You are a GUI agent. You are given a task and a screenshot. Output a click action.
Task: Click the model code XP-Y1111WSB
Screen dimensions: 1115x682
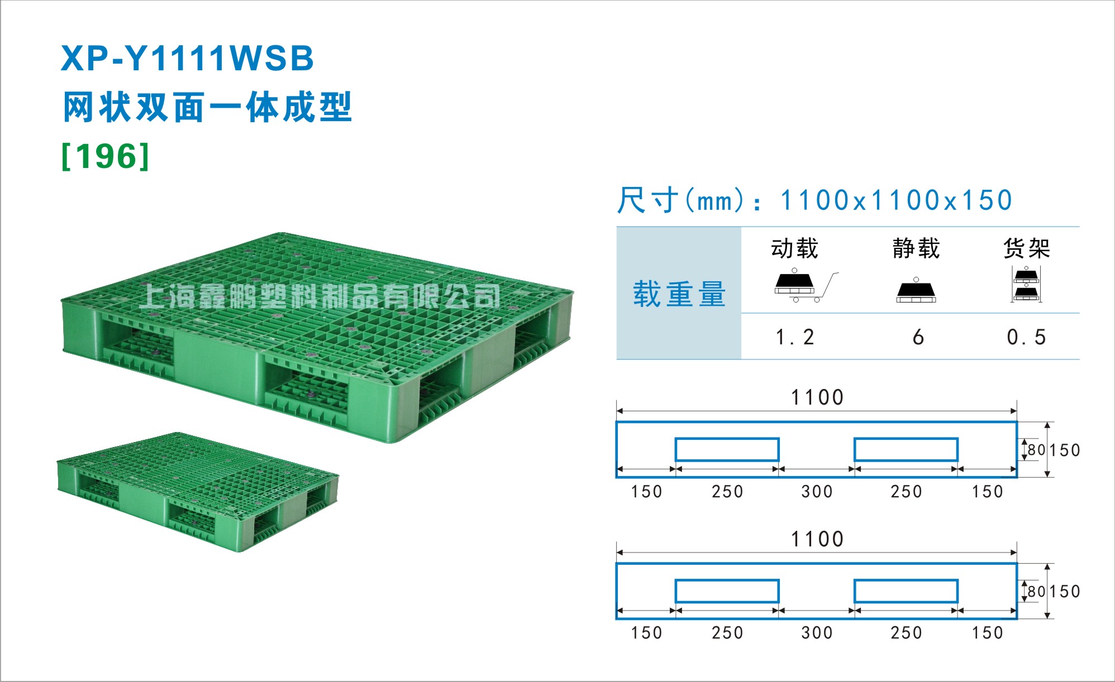click(x=187, y=59)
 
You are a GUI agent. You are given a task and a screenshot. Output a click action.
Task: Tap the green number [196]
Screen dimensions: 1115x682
click(x=106, y=156)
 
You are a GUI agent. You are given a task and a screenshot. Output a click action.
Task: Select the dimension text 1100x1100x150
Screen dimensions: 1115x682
click(x=896, y=200)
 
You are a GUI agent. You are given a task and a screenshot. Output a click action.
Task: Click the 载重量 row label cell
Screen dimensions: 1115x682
click(x=679, y=294)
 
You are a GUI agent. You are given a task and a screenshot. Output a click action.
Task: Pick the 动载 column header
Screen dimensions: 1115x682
click(x=794, y=248)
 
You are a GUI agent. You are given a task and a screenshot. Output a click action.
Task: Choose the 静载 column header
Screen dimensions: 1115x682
click(x=916, y=248)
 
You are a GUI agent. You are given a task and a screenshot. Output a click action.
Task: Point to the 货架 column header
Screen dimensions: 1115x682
click(x=1027, y=248)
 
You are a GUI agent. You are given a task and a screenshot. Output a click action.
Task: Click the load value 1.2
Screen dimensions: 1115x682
click(x=795, y=337)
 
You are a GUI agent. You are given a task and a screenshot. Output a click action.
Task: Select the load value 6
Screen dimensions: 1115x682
click(x=918, y=337)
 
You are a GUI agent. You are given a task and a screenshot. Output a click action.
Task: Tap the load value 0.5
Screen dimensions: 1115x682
click(x=1026, y=337)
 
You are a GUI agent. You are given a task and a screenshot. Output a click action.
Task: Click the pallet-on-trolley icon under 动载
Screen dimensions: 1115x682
click(x=806, y=286)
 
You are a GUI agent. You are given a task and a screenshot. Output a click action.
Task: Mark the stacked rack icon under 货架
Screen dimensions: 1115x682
click(x=1026, y=284)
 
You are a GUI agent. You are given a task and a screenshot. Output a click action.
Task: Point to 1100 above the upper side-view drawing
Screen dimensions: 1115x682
click(x=817, y=397)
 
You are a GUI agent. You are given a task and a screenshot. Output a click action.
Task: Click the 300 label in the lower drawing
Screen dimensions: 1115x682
click(x=817, y=633)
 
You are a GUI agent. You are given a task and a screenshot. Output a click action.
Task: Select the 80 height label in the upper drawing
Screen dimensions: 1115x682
click(x=1036, y=450)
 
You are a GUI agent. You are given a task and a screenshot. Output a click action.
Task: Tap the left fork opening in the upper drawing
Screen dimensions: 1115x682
click(x=727, y=449)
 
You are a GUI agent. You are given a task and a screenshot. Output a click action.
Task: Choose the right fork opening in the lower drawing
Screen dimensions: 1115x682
click(x=906, y=591)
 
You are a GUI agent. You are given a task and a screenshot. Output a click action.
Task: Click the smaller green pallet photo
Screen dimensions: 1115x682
click(x=198, y=492)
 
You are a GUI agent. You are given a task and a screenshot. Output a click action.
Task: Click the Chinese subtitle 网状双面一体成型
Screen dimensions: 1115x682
click(x=207, y=107)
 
